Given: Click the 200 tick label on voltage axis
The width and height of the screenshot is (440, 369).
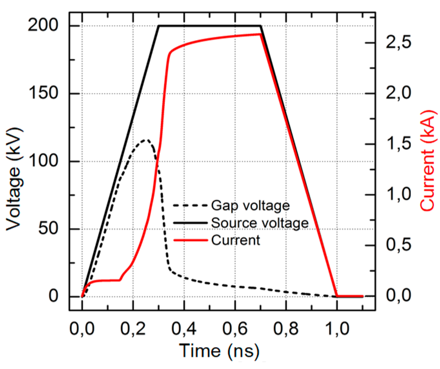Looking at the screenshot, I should click(43, 25).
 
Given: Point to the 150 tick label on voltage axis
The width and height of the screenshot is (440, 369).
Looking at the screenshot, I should click(43, 93).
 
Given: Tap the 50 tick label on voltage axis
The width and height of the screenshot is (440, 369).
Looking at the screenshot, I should click(48, 228).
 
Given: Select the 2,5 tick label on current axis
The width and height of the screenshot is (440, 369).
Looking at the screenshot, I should click(399, 42).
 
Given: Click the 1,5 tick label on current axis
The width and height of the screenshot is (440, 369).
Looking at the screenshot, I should click(399, 144).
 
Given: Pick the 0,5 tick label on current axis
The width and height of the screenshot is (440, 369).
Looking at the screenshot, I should click(399, 245).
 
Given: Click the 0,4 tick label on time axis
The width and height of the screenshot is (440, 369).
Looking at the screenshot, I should click(184, 329).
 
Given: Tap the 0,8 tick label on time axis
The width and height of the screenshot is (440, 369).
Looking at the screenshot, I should click(286, 329).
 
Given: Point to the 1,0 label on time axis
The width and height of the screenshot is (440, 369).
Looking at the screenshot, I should click(337, 329).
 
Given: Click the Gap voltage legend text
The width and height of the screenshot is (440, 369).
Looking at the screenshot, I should click(250, 206).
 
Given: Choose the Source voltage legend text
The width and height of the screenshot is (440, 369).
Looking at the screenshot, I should click(260, 223).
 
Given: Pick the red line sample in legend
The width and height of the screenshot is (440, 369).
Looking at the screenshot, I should click(190, 240).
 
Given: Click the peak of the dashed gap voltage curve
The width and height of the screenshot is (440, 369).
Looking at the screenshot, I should click(146, 140).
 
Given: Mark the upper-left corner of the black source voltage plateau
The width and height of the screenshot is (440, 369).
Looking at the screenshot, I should click(159, 26).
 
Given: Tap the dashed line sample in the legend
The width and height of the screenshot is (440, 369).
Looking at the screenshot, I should click(190, 206).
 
